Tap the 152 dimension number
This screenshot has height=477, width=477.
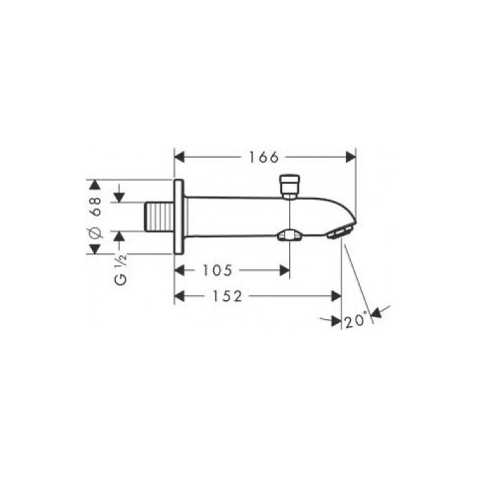pyautogui.click(x=227, y=297)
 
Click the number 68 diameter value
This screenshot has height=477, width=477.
pyautogui.click(x=97, y=205)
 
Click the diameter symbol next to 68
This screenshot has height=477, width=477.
pyautogui.click(x=97, y=233)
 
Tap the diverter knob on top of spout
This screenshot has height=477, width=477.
pyautogui.click(x=288, y=186)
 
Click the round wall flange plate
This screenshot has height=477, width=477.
pyautogui.click(x=179, y=217)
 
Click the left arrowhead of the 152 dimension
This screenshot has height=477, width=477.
pyautogui.click(x=179, y=297)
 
